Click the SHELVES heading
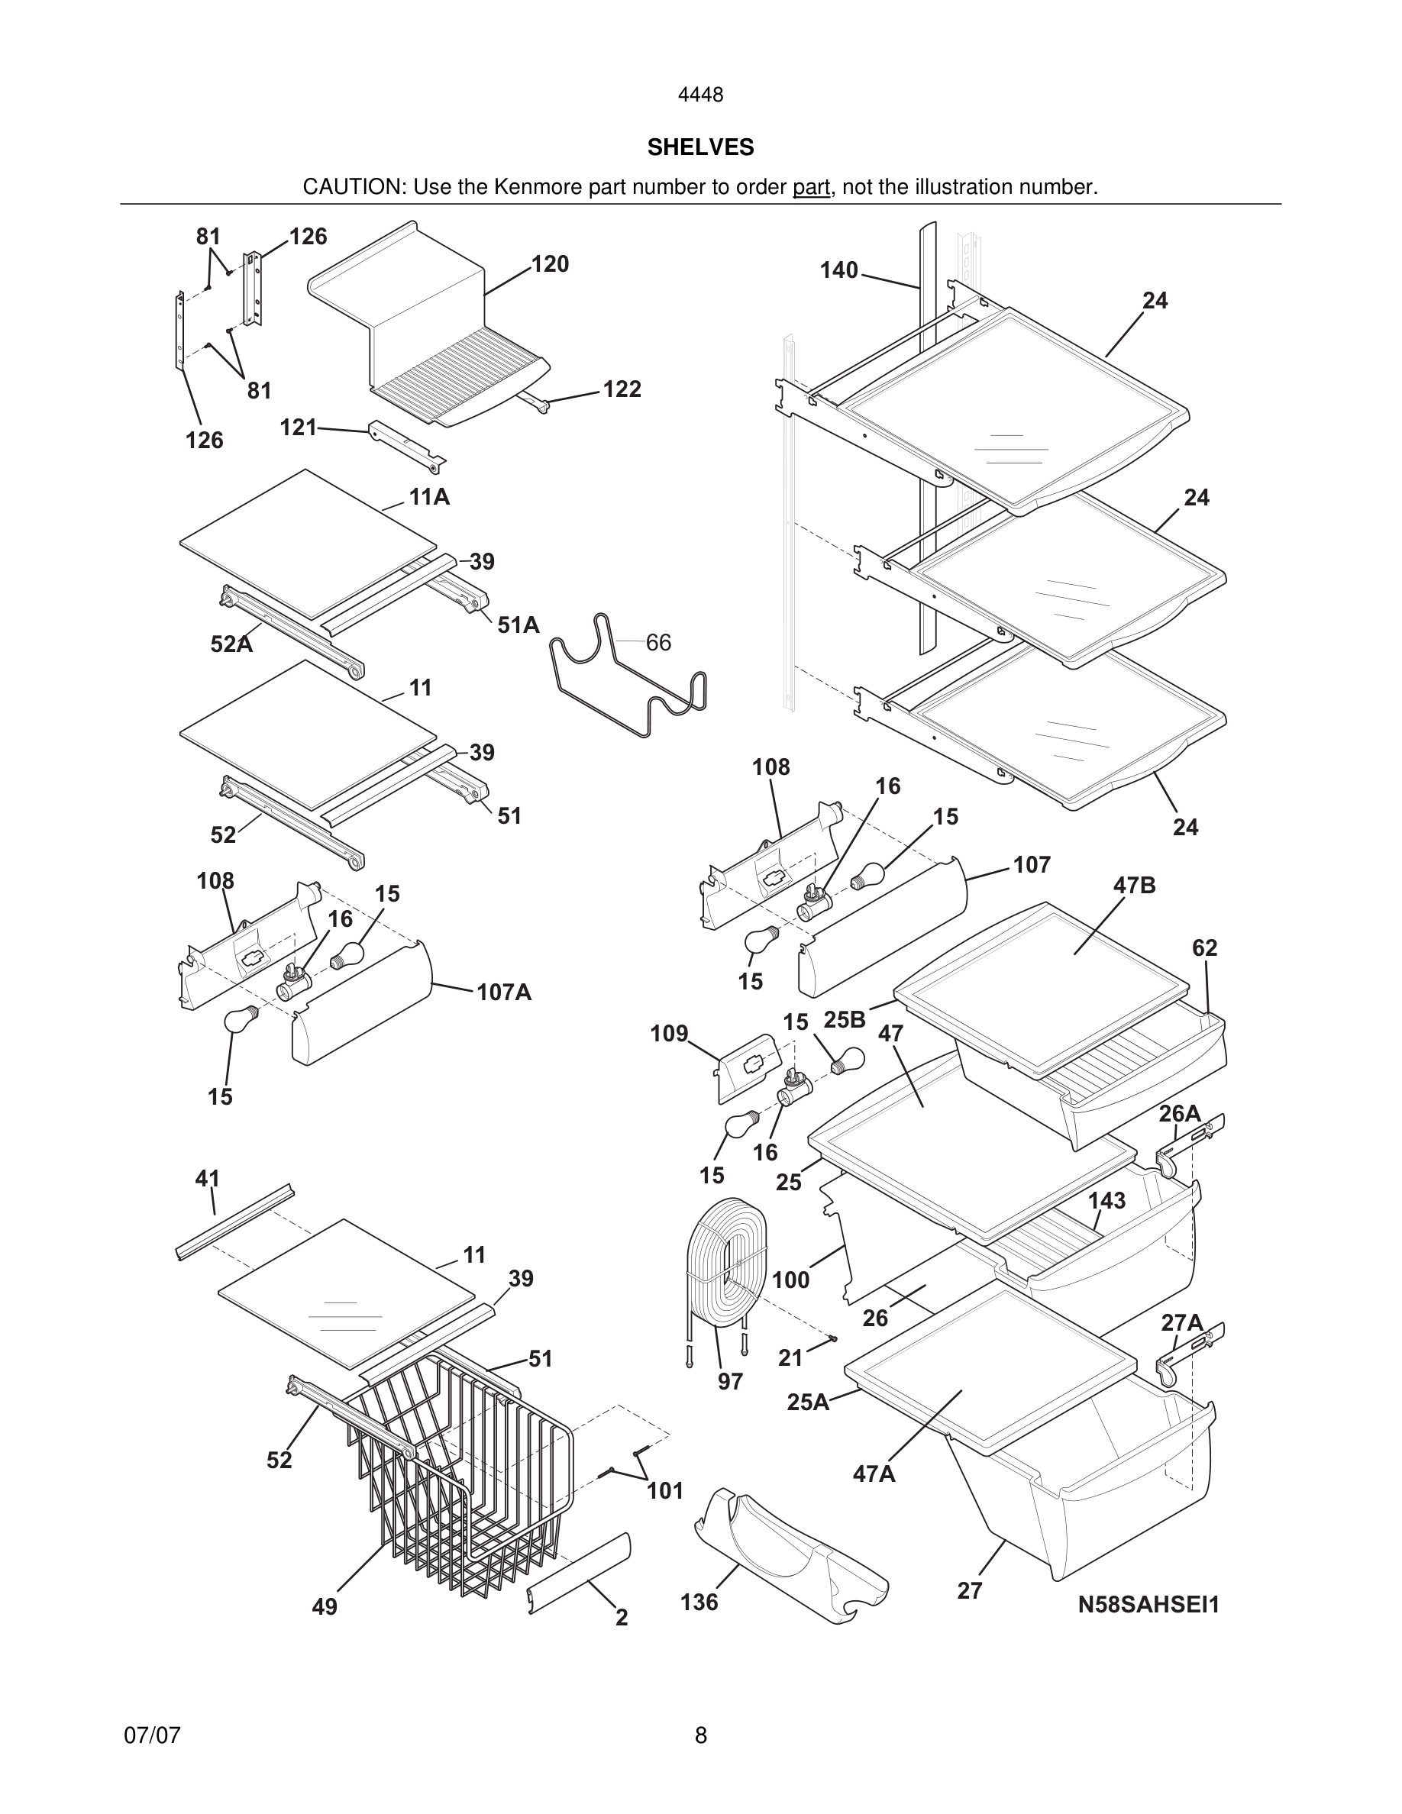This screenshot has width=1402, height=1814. [700, 147]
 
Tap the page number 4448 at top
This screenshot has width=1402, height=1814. [700, 95]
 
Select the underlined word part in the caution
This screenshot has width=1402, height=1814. [811, 188]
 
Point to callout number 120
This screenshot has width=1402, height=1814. [550, 264]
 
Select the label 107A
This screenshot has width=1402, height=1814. [504, 992]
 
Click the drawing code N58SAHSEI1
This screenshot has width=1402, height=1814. [1148, 1605]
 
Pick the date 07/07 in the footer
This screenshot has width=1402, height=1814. [152, 1735]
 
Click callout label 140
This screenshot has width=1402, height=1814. [839, 270]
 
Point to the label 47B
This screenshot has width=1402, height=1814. [1135, 886]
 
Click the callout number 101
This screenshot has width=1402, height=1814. [664, 1491]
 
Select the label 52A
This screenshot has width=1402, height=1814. [231, 644]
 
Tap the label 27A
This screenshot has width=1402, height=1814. [1181, 1322]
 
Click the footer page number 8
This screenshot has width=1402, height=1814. [700, 1735]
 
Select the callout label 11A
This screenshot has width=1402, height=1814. [428, 497]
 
